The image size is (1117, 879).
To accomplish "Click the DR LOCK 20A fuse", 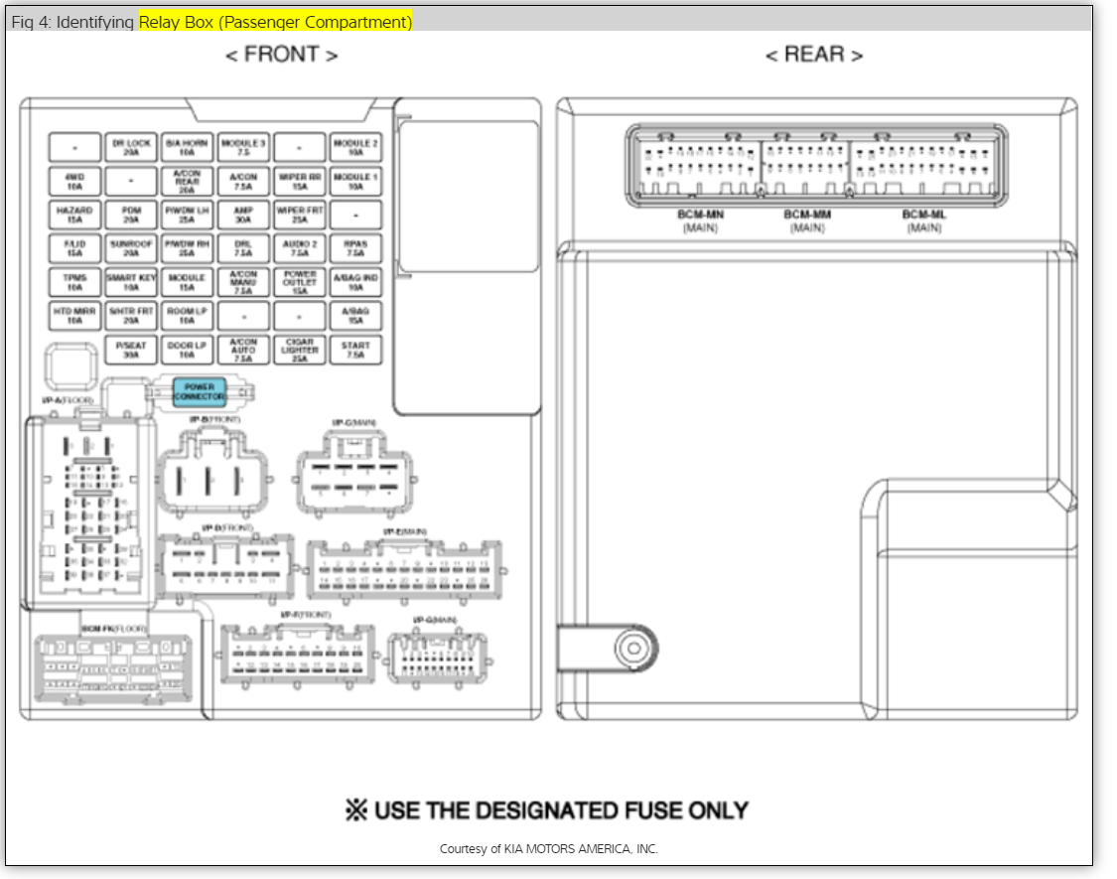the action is tap(131, 148).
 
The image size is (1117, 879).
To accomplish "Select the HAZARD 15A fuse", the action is tap(74, 216).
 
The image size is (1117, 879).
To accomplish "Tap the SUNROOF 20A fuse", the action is tap(131, 248).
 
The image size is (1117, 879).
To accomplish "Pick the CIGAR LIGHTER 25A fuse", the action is tap(299, 350).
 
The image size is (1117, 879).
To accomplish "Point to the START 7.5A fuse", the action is tap(355, 350).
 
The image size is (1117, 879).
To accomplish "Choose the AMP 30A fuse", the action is tap(243, 216).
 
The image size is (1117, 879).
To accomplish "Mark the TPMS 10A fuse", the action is tap(74, 282).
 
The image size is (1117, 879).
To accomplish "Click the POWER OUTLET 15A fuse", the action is tap(299, 282).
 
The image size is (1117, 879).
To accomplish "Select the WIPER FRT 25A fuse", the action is tap(299, 216).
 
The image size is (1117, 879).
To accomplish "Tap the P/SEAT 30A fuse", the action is tap(131, 350).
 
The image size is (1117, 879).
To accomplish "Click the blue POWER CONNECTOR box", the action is tap(200, 392).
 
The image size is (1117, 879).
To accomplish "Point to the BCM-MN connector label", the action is tap(700, 216).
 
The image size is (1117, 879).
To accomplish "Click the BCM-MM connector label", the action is tap(807, 216).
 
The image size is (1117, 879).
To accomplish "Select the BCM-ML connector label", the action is tap(923, 216).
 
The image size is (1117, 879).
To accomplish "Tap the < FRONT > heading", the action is tap(281, 56).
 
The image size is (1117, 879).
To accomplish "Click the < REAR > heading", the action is tap(813, 56).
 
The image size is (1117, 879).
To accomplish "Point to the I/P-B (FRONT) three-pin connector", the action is tap(210, 480).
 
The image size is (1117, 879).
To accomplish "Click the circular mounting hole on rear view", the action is tap(631, 649).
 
